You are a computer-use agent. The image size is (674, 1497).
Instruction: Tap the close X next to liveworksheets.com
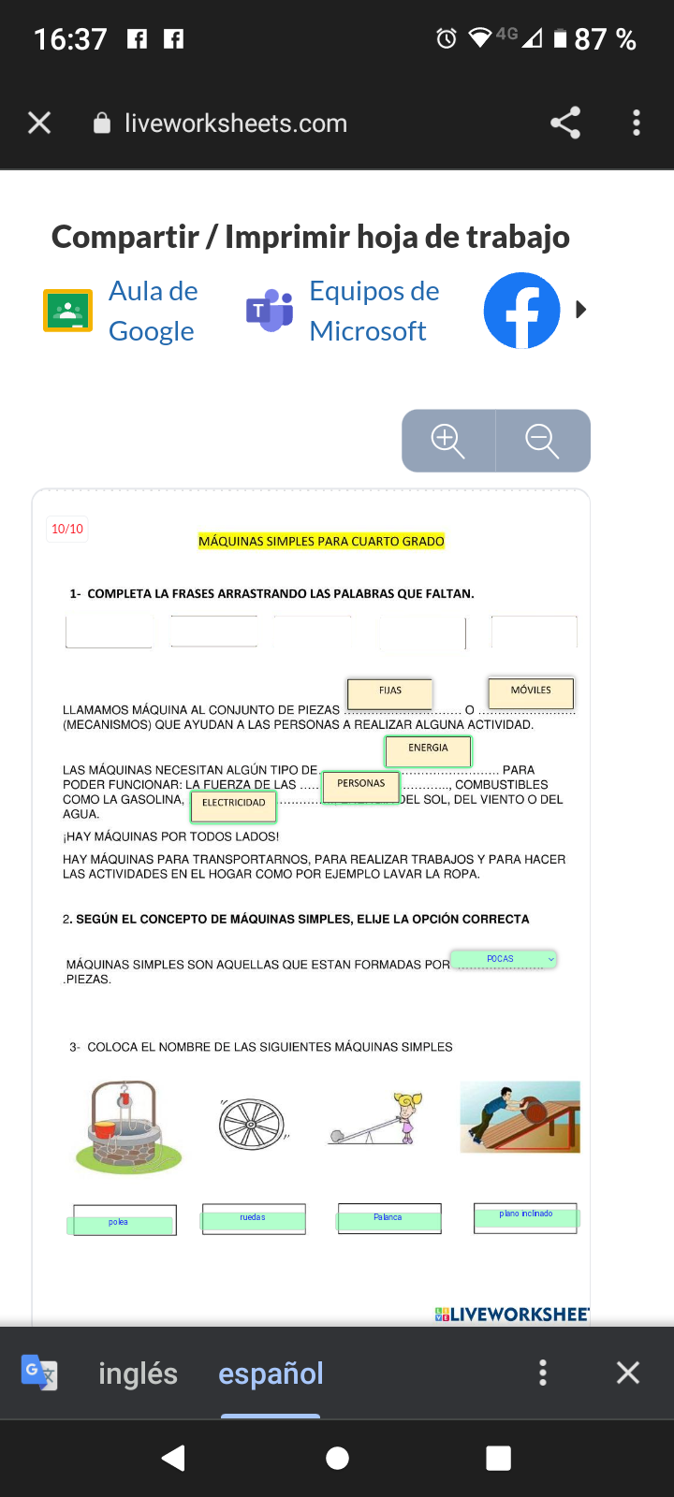[x=39, y=123]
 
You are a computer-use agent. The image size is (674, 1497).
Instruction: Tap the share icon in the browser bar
[x=565, y=123]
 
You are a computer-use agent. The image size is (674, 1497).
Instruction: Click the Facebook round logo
[x=521, y=311]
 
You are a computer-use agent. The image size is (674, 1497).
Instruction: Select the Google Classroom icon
[x=67, y=311]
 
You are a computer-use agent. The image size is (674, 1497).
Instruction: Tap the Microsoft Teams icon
[x=269, y=311]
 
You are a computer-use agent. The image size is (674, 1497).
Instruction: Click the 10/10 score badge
[x=67, y=529]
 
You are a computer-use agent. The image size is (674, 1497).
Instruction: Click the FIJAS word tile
[x=390, y=692]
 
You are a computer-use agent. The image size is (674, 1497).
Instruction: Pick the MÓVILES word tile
[x=531, y=691]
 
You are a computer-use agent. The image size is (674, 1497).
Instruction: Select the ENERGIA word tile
[x=428, y=749]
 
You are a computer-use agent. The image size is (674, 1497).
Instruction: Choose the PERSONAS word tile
[x=360, y=785]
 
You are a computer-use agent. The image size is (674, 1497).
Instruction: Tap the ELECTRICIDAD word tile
[x=233, y=804]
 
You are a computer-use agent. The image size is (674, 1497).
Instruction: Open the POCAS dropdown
[x=504, y=959]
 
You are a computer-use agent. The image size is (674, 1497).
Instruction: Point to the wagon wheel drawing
[x=252, y=1124]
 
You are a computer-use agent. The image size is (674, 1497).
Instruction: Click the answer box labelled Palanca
[x=388, y=1218]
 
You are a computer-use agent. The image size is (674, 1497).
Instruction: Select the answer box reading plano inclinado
[x=525, y=1216]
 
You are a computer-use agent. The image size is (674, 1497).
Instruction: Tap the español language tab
[x=271, y=1373]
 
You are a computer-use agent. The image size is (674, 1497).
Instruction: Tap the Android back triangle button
[x=174, y=1458]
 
